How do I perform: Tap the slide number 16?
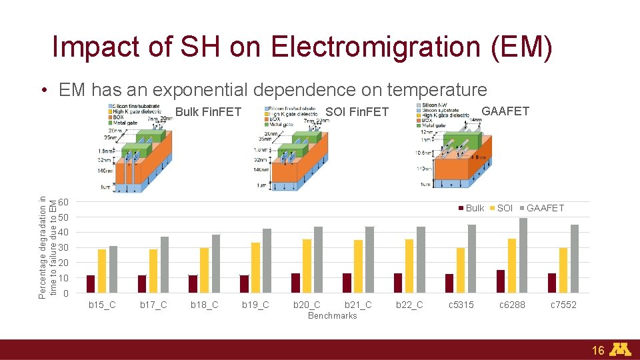coord(597,350)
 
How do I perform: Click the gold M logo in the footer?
coord(621,349)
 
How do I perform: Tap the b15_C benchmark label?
coord(102,305)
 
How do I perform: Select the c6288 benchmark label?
coord(512,305)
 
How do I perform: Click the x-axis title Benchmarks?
coord(332,315)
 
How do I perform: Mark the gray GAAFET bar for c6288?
coord(523,255)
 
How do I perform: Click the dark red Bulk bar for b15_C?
coord(91,284)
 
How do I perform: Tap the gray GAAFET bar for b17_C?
coord(164,265)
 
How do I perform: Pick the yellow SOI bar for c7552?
coord(563,270)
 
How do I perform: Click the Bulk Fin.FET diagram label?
coord(208,112)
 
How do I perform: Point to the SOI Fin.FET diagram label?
coord(357,112)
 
